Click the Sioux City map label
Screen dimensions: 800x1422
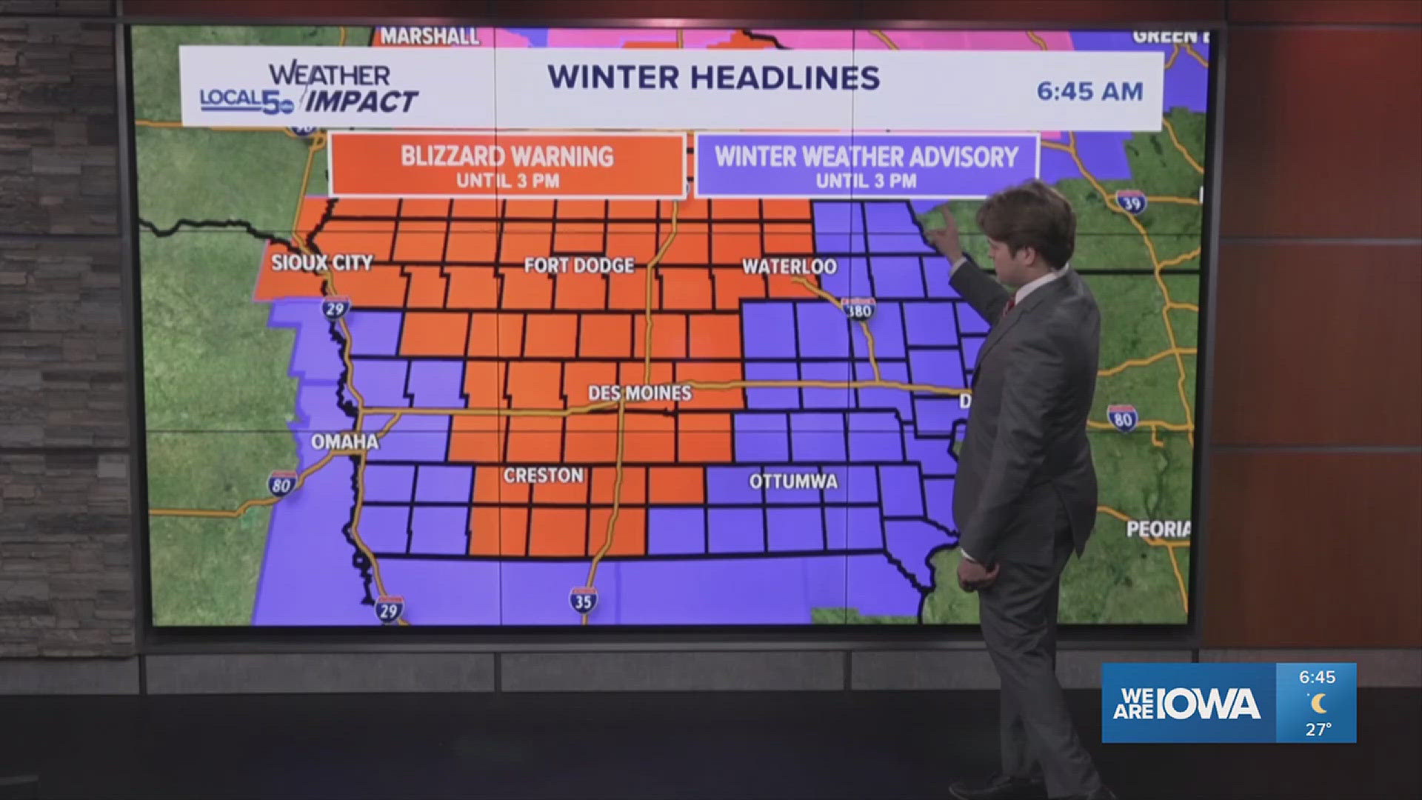tap(321, 262)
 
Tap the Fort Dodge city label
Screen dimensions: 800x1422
tap(578, 265)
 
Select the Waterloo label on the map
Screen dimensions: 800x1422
tap(789, 267)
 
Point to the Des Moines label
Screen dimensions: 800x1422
tap(639, 393)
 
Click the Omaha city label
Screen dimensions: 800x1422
tap(344, 442)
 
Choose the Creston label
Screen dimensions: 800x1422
tap(544, 476)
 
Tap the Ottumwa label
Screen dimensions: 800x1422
tap(793, 482)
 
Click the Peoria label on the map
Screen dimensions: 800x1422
tap(1158, 529)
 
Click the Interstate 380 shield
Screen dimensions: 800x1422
tap(858, 309)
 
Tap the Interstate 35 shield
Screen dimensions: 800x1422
tap(583, 600)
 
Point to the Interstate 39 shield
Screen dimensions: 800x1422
tap(1132, 201)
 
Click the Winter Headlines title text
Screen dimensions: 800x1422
tap(713, 78)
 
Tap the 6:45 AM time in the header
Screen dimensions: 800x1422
tap(1089, 91)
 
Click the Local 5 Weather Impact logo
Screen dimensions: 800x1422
tap(310, 89)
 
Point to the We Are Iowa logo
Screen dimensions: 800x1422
tap(1186, 703)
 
